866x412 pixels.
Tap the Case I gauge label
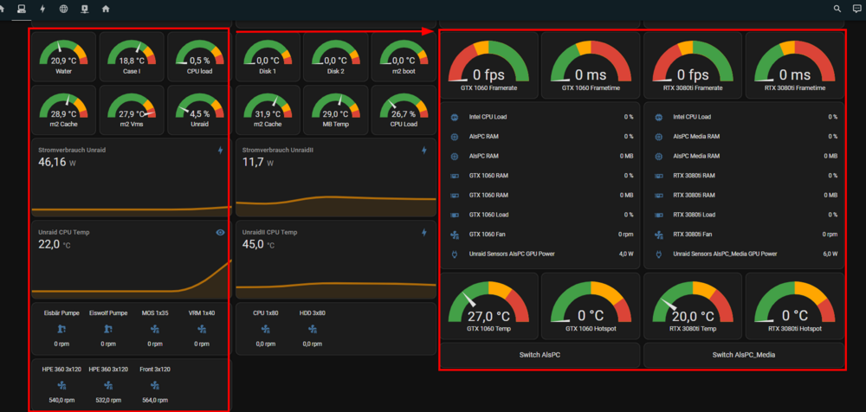132,71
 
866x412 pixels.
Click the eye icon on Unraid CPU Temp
220,233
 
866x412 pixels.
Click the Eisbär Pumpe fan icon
61,329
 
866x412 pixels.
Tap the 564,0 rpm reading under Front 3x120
155,400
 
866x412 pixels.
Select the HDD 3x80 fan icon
312,329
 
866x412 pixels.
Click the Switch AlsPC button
540,355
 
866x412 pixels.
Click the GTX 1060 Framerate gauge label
489,87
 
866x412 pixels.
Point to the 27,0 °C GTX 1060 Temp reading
488,317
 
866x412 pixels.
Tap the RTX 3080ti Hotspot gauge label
795,329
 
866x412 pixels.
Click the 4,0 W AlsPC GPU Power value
626,254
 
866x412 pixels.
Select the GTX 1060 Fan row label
487,235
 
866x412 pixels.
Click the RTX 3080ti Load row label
695,215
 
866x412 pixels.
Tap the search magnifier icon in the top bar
837,9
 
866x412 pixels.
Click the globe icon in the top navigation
63,9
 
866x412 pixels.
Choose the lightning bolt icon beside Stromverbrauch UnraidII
424,151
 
